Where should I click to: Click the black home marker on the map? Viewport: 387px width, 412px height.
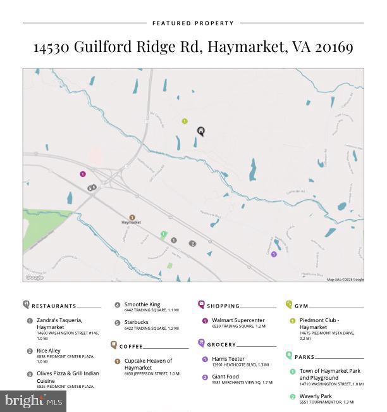201,132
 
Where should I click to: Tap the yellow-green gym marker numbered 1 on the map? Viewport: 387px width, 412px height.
185,121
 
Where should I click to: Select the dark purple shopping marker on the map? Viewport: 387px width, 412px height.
83,174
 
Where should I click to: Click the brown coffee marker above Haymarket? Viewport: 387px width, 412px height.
132,217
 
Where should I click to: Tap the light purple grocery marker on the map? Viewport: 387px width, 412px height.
274,254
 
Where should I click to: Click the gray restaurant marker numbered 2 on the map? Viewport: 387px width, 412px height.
193,244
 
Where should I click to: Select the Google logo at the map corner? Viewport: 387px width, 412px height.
34,277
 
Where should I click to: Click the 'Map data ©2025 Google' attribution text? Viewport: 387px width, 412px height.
345,279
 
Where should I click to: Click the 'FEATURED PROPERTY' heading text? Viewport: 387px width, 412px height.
193,23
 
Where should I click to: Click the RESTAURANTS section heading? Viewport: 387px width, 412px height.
54,306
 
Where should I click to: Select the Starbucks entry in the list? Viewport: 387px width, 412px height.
137,322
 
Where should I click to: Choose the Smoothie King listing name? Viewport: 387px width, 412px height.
142,304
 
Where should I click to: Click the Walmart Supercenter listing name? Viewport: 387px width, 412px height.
238,320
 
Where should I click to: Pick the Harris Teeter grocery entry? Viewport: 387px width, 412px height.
228,359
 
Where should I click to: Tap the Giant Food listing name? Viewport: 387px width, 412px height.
226,377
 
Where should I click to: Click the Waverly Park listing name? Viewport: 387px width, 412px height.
316,396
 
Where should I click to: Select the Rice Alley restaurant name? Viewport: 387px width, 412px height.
48,351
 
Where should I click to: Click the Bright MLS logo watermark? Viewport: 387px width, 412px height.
34,401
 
